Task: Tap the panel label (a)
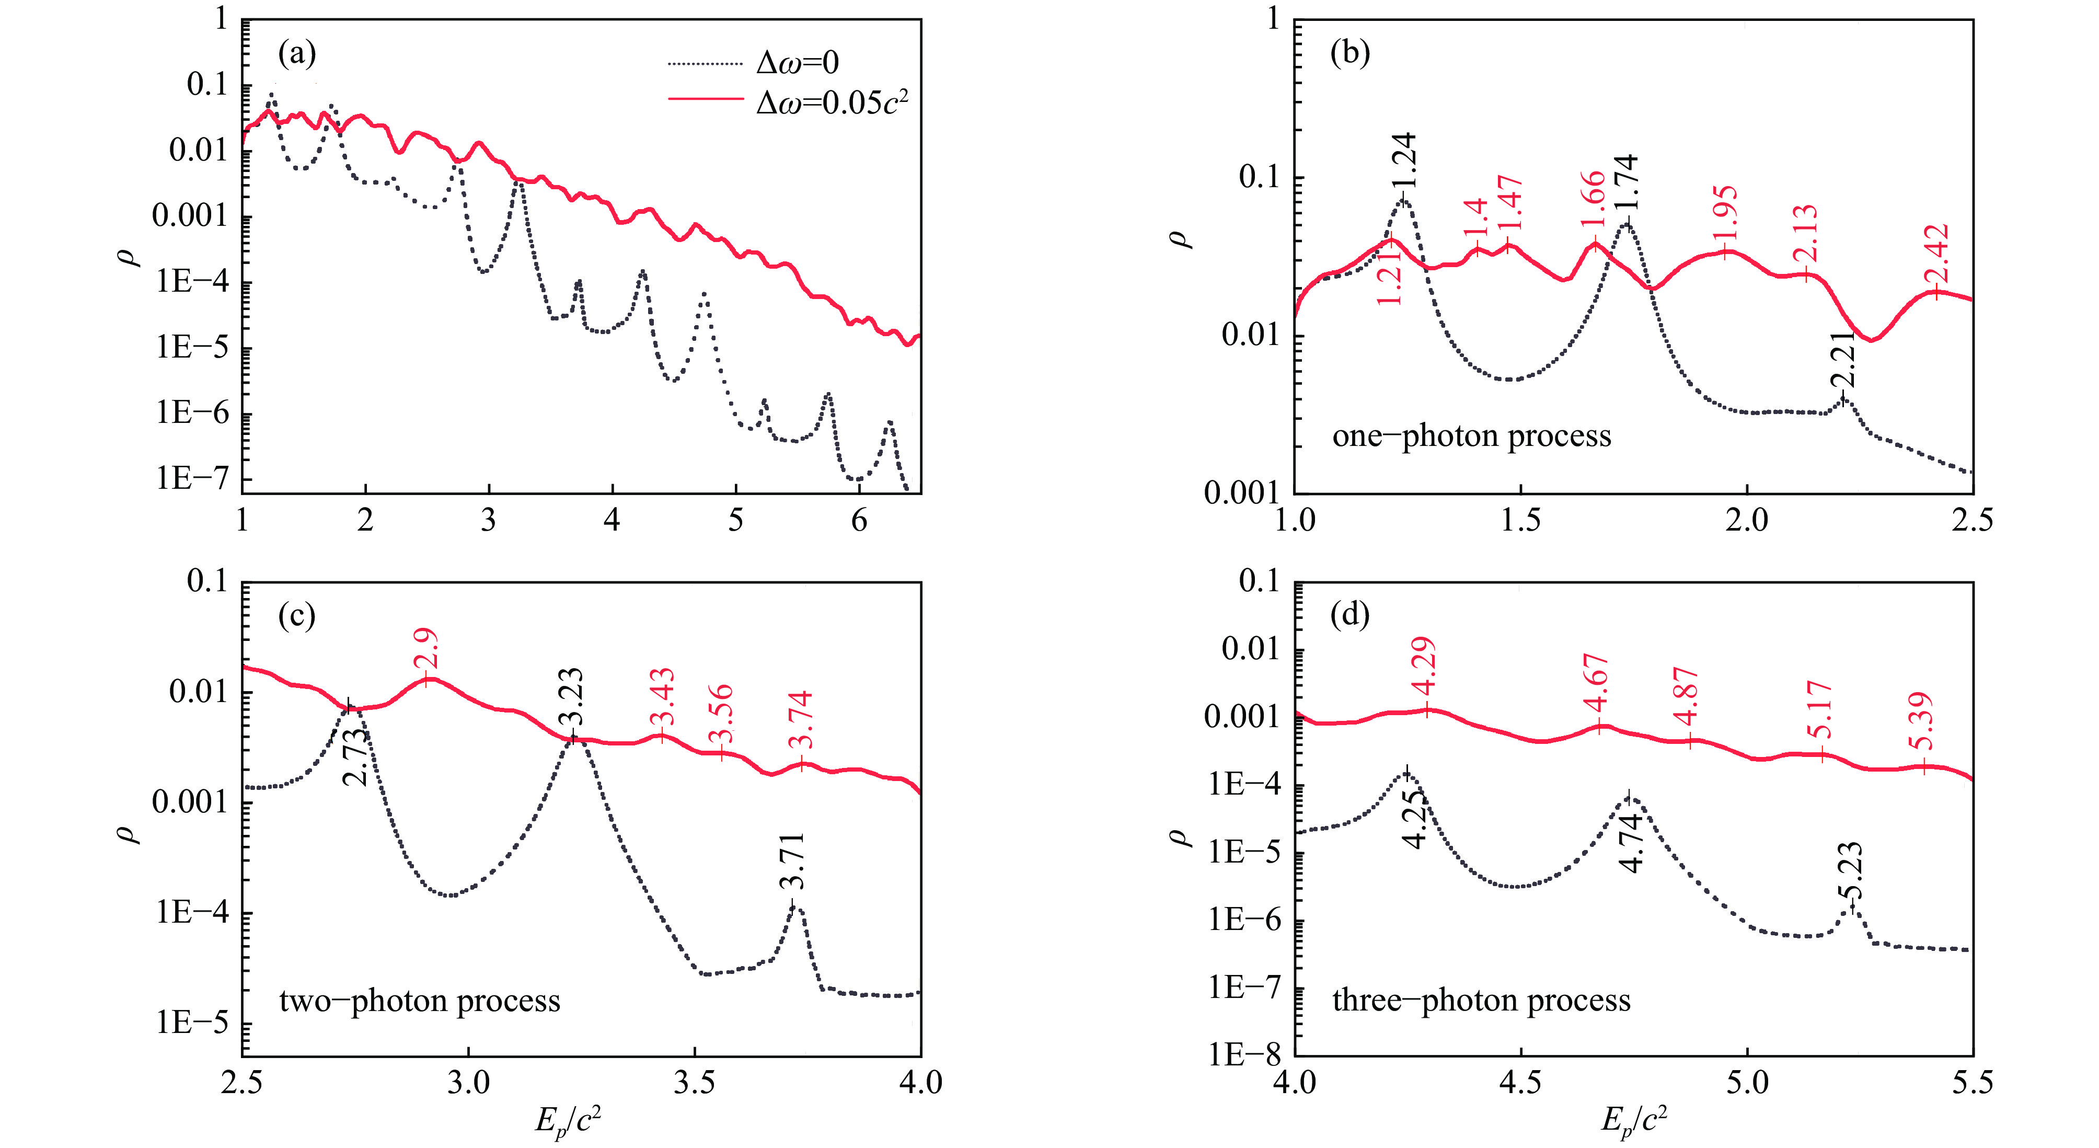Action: click(x=296, y=54)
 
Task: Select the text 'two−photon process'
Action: click(x=420, y=1001)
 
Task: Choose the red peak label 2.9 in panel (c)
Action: click(x=425, y=648)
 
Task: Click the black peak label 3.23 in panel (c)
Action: click(x=571, y=697)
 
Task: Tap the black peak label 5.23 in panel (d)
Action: click(x=1851, y=870)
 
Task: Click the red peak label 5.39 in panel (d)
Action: click(x=1921, y=722)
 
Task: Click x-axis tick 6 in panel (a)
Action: click(x=859, y=520)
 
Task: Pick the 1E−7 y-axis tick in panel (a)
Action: click(x=192, y=478)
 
